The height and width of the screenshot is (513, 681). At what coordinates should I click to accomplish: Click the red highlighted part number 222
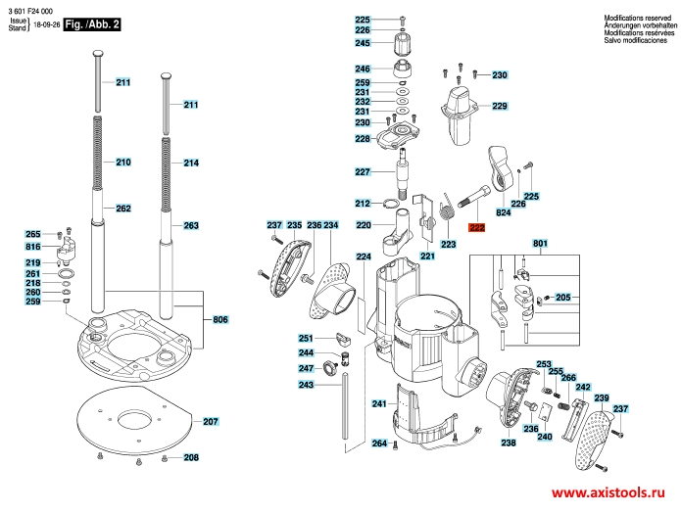click(x=476, y=227)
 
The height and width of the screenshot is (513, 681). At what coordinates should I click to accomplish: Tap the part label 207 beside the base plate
click(x=211, y=421)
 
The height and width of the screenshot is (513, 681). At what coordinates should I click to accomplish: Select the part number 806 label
click(x=220, y=319)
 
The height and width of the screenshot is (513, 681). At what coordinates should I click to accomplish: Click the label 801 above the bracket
click(x=540, y=244)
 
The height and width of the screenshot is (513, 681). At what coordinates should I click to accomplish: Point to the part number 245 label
click(x=363, y=43)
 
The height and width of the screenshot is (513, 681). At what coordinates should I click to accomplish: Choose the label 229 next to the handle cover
click(x=500, y=106)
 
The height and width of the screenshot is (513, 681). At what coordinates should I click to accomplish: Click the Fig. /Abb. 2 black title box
click(x=92, y=24)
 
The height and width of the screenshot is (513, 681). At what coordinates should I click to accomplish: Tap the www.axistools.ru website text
click(x=608, y=492)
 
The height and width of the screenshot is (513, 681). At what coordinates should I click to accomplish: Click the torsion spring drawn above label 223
click(x=448, y=208)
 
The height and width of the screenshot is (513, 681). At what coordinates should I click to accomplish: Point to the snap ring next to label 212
click(x=389, y=204)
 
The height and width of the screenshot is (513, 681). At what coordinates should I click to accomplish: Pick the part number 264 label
click(x=379, y=443)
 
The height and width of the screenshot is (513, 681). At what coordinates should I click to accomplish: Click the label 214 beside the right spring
click(x=191, y=163)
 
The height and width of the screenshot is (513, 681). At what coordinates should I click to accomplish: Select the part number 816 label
click(x=33, y=247)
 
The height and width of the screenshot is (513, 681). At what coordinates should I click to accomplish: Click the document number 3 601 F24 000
click(x=30, y=12)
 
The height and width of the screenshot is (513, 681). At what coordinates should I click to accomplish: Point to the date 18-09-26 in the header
click(x=47, y=24)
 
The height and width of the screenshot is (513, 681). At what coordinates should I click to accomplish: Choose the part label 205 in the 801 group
click(x=562, y=298)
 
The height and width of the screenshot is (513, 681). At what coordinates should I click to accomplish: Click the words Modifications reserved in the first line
click(x=638, y=19)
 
